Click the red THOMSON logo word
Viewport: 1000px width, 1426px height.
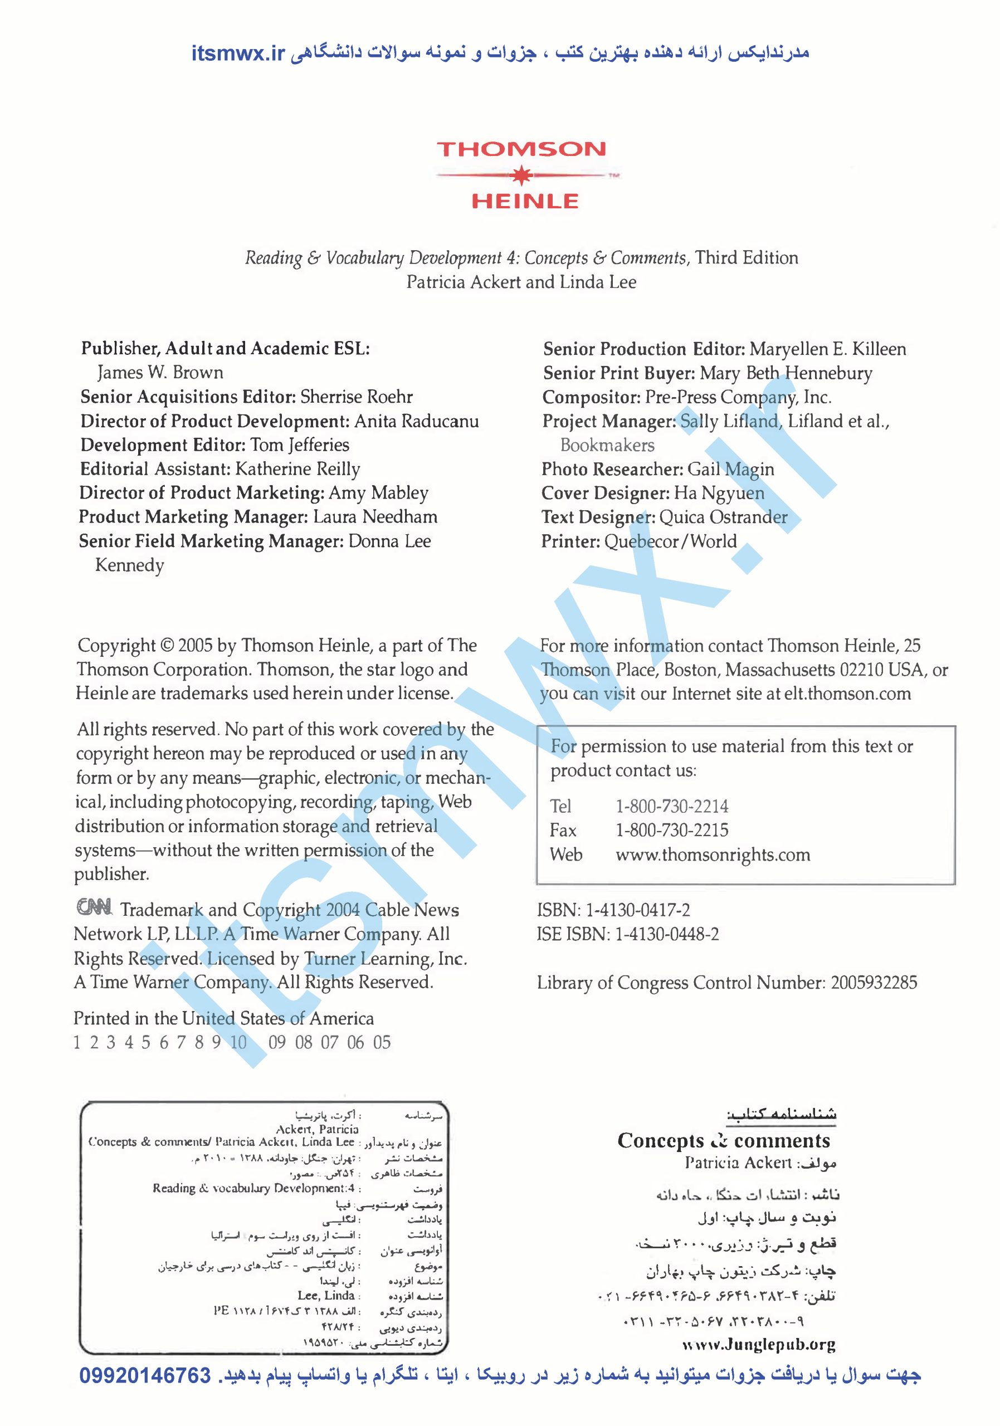[x=521, y=150]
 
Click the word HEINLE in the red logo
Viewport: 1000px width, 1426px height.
[x=525, y=201]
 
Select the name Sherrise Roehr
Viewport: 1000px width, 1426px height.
[x=357, y=397]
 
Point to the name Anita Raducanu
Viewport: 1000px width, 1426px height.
[x=416, y=421]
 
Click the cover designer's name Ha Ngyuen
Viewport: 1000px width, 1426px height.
[x=719, y=493]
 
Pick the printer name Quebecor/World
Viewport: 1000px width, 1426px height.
[x=670, y=541]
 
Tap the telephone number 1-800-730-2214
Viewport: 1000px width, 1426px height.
[x=671, y=806]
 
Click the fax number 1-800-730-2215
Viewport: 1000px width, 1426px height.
[x=671, y=831]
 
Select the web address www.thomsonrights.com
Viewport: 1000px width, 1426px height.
[x=713, y=854]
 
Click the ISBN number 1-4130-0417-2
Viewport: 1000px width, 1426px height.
[x=637, y=911]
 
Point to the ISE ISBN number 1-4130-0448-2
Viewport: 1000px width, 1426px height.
[x=666, y=934]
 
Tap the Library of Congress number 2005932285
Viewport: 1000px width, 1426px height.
[x=874, y=983]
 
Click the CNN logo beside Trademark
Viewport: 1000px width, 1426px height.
[x=94, y=907]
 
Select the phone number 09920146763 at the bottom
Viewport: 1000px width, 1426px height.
[x=145, y=1375]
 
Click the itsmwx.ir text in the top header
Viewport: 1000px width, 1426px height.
[x=237, y=53]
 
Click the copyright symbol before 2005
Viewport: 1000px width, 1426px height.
[x=167, y=646]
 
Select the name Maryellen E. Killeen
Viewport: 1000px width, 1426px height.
[x=827, y=349]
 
